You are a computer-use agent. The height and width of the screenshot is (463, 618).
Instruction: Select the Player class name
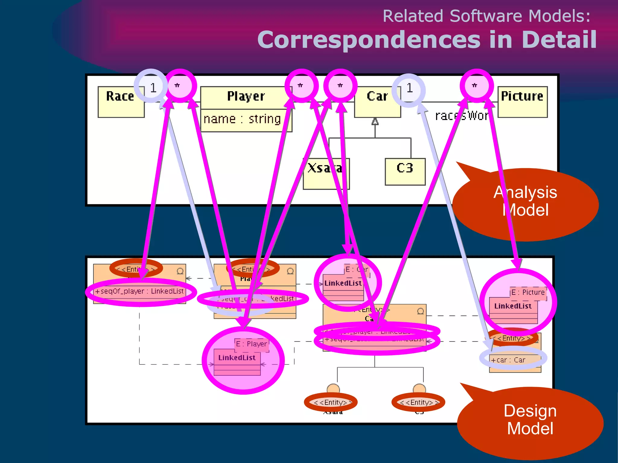pos(246,96)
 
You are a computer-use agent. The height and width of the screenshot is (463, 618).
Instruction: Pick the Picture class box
pos(522,102)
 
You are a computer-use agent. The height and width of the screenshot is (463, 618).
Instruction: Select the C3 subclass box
pos(405,171)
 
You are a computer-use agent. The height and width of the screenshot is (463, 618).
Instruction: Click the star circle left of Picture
pos(476,86)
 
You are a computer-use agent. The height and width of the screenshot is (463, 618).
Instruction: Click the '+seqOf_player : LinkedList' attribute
pos(139,291)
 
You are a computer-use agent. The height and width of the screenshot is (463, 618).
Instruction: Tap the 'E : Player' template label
pos(251,344)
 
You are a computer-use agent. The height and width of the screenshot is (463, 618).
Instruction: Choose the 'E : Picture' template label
pos(528,292)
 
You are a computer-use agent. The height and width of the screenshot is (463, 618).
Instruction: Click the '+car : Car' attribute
pos(508,360)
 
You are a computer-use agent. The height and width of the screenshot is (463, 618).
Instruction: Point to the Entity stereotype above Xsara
pos(331,402)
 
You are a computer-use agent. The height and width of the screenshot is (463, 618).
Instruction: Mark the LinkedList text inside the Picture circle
pos(513,306)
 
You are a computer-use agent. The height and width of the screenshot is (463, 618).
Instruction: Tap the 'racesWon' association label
pos(462,116)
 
